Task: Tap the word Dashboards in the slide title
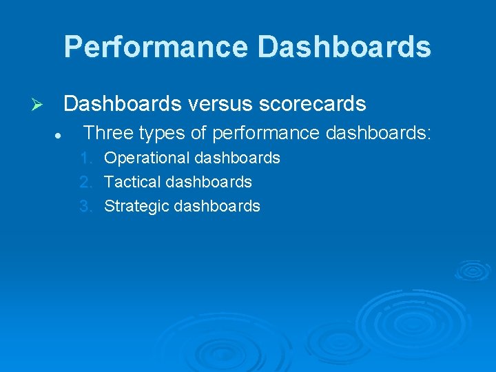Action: click(344, 47)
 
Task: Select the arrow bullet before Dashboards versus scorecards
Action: click(39, 105)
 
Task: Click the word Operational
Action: click(147, 158)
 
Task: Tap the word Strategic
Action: click(134, 206)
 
